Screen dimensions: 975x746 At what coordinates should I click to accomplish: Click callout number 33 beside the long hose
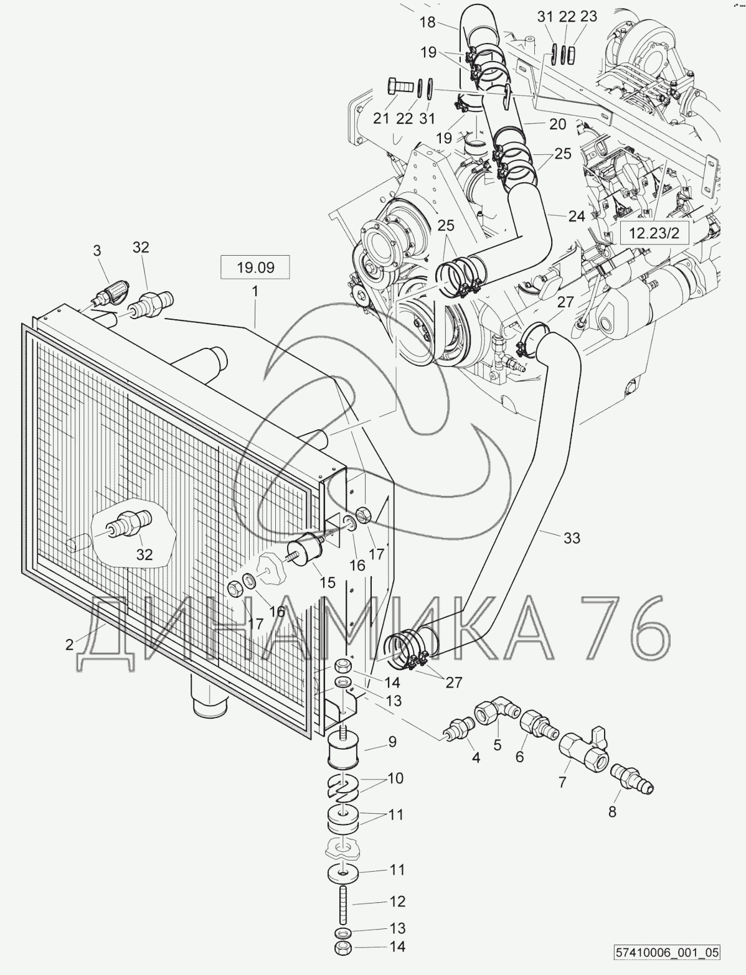coord(571,537)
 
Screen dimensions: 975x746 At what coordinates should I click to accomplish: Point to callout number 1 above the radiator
coord(255,291)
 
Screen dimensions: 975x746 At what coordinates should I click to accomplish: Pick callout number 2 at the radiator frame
coord(70,644)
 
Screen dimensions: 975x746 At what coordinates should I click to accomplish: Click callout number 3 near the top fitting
coord(97,251)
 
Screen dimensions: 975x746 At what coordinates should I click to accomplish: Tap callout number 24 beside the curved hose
coord(577,217)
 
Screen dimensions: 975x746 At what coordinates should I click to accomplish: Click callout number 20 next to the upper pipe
coord(557,124)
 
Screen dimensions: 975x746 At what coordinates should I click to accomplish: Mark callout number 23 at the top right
coord(589,17)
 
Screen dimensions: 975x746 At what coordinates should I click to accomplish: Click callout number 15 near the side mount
coord(328,582)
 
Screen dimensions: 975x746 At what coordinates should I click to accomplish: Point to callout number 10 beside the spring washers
coord(395,778)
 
